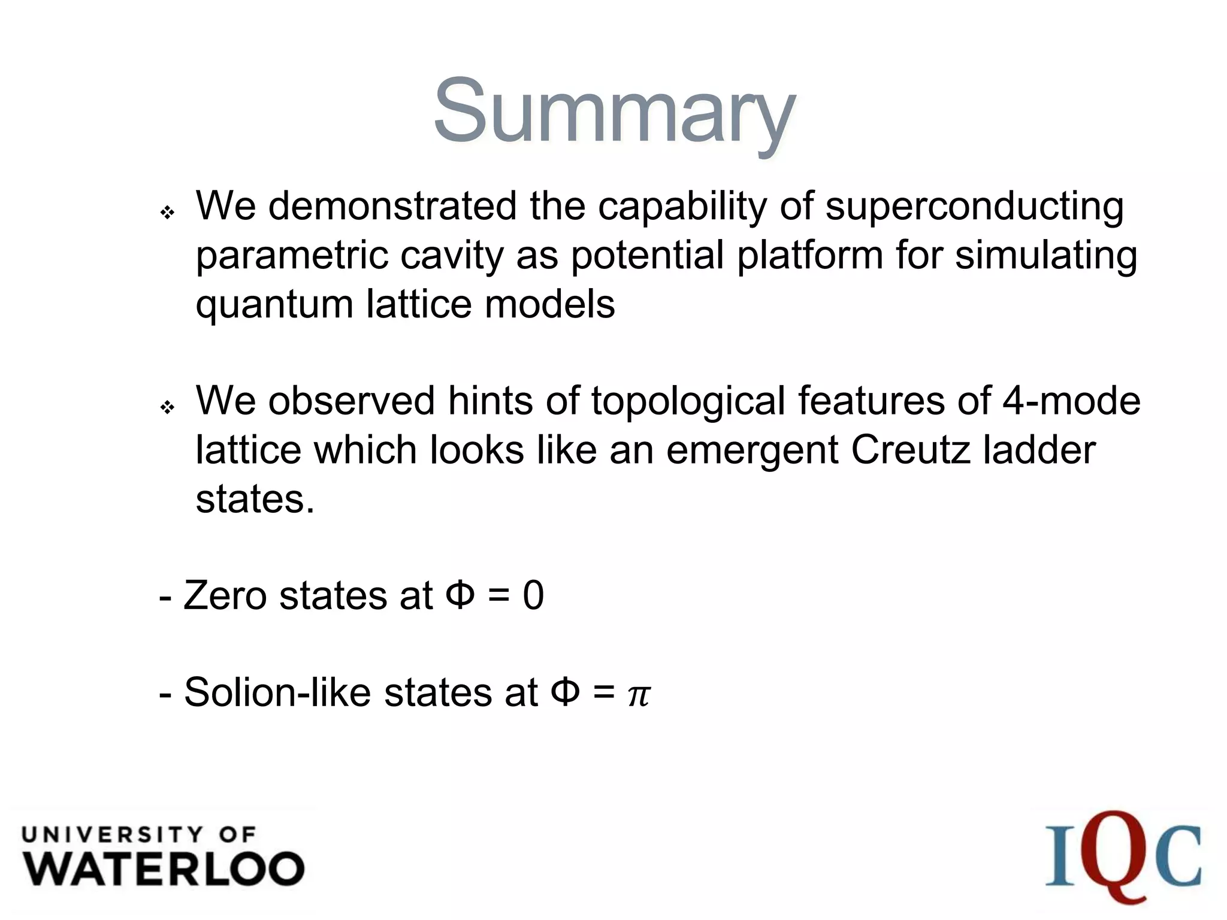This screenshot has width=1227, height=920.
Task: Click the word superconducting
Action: click(974, 207)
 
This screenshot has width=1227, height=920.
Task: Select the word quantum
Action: click(274, 305)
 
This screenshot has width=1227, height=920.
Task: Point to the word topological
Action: click(688, 401)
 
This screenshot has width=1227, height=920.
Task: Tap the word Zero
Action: click(225, 596)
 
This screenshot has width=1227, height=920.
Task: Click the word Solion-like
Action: click(277, 693)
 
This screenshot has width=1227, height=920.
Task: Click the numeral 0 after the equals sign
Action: click(533, 596)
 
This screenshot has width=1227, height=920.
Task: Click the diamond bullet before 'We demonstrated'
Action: click(168, 213)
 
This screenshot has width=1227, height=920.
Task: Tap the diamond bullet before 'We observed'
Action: click(168, 408)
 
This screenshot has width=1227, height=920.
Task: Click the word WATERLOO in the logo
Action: click(164, 869)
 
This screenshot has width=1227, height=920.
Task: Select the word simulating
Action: click(1045, 256)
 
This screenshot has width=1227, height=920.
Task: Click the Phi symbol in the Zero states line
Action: click(460, 596)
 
